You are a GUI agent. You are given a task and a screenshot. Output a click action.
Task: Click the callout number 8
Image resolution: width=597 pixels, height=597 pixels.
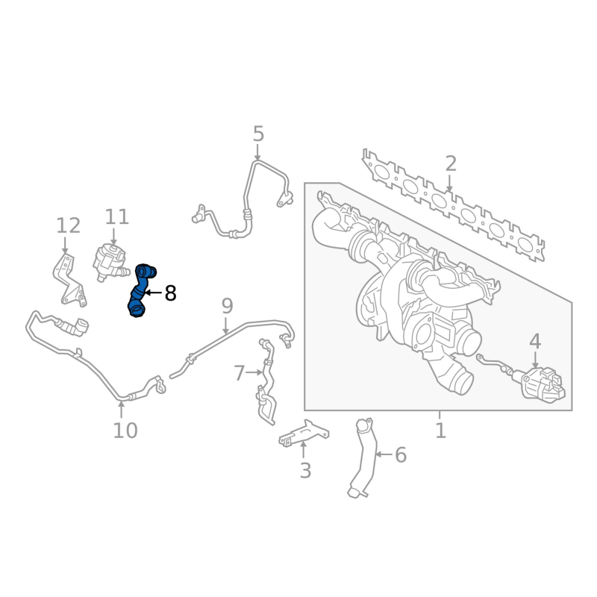170,293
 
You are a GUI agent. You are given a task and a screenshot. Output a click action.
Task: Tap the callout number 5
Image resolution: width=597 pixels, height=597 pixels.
258,134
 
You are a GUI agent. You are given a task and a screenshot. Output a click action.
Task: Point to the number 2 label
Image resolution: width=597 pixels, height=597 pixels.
450,163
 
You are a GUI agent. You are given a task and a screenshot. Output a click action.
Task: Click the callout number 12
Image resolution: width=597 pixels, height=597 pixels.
68,225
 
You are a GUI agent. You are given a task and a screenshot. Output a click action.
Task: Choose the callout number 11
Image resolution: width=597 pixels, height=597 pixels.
117,217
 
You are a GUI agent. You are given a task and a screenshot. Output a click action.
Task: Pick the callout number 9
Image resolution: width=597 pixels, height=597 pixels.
227,305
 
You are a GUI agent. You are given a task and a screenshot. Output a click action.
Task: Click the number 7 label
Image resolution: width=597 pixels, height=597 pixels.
239,372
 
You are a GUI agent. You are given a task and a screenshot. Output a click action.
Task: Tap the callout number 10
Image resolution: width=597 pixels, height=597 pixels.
125,431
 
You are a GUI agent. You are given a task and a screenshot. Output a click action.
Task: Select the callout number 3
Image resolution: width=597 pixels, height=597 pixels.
305,471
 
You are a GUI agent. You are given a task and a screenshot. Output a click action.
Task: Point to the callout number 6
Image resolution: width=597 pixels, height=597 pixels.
400,454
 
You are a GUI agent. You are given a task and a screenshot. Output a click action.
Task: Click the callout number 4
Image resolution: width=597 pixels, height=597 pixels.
535,342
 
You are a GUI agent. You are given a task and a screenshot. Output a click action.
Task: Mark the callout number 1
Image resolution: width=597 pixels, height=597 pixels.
440,431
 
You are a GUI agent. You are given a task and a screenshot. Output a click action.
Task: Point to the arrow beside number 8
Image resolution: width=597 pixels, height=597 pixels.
152,293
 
